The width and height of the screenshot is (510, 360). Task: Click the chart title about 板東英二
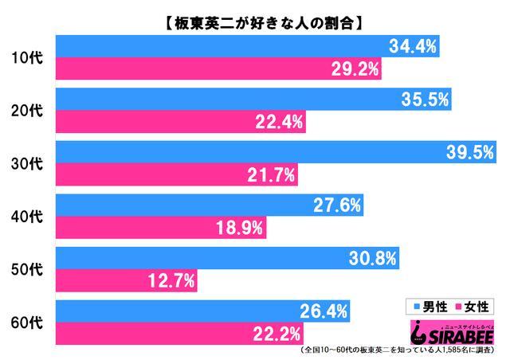(254, 14)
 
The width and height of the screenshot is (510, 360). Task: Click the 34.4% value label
(413, 47)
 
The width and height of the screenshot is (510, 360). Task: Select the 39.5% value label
(466, 151)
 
